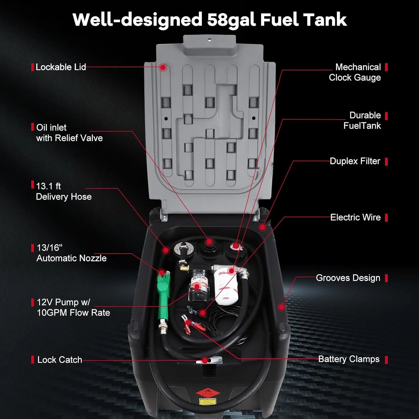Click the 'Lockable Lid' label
tap(61, 67)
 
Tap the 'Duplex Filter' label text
tap(355, 161)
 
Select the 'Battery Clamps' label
tap(349, 359)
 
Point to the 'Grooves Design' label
tap(348, 278)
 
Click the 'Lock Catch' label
tap(59, 360)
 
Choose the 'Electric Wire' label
tap(355, 217)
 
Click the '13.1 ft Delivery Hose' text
tap(63, 191)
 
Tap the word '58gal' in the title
tap(231, 20)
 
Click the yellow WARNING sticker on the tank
tap(208, 401)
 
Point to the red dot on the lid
tap(163, 67)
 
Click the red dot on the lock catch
tap(205, 360)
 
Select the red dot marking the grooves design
tap(281, 307)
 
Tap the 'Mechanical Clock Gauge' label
tap(355, 72)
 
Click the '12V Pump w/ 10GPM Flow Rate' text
tap(73, 307)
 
